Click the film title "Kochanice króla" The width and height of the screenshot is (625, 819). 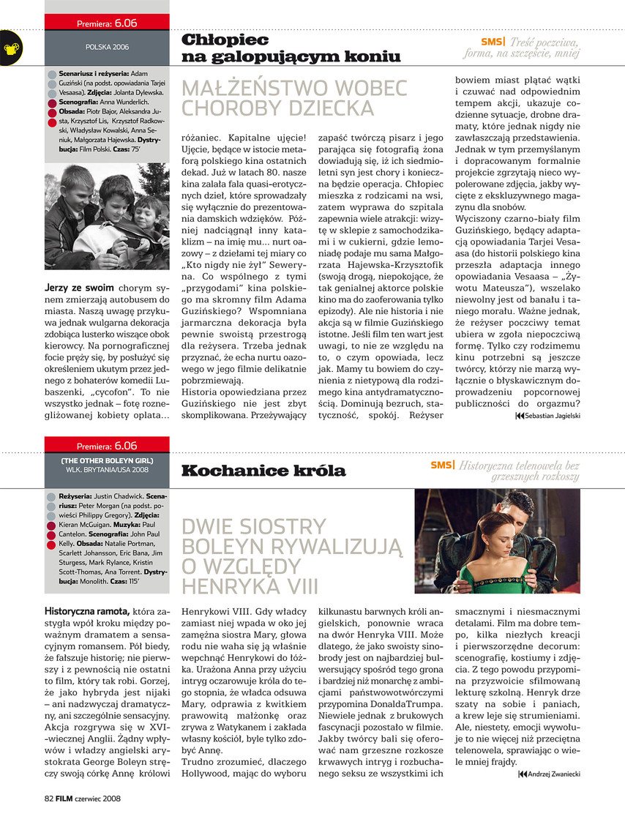(x=263, y=470)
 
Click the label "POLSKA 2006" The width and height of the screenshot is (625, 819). (x=107, y=47)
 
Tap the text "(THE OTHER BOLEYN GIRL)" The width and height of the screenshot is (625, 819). (x=107, y=460)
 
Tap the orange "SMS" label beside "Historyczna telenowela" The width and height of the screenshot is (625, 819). (x=442, y=465)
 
